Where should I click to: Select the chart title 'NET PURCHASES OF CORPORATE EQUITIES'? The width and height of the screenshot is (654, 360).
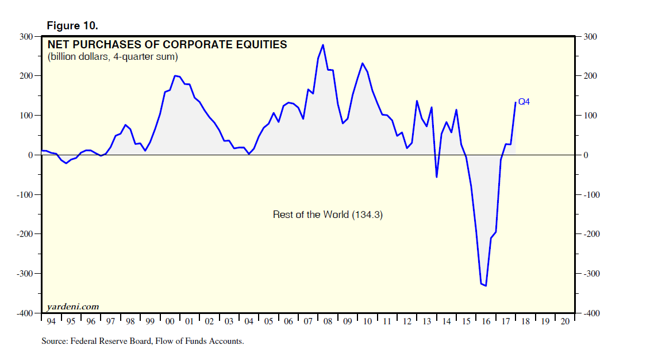pos(167,44)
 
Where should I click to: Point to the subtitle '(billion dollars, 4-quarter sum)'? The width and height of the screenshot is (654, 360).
pos(113,56)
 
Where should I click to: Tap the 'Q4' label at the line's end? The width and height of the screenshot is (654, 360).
pos(524,102)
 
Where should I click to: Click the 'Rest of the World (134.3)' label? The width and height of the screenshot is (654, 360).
pos(328,215)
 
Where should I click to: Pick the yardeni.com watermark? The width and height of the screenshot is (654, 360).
pos(72,306)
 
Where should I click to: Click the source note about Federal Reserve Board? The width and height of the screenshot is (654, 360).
pos(143,341)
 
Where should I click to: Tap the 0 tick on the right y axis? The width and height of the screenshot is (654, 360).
pos(584,155)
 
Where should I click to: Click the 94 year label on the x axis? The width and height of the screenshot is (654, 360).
pos(51,321)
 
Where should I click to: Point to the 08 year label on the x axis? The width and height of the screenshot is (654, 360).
pos(328,321)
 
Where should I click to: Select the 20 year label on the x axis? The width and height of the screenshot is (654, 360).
pos(564,321)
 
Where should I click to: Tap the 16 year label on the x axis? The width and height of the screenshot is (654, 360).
pos(486,321)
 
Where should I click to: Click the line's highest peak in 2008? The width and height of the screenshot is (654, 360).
pos(323,45)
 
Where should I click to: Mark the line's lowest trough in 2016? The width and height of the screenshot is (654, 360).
pos(486,285)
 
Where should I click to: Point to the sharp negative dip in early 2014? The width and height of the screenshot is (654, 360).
pos(437,177)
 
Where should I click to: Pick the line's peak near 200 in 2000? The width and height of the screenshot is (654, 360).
pos(175,76)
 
